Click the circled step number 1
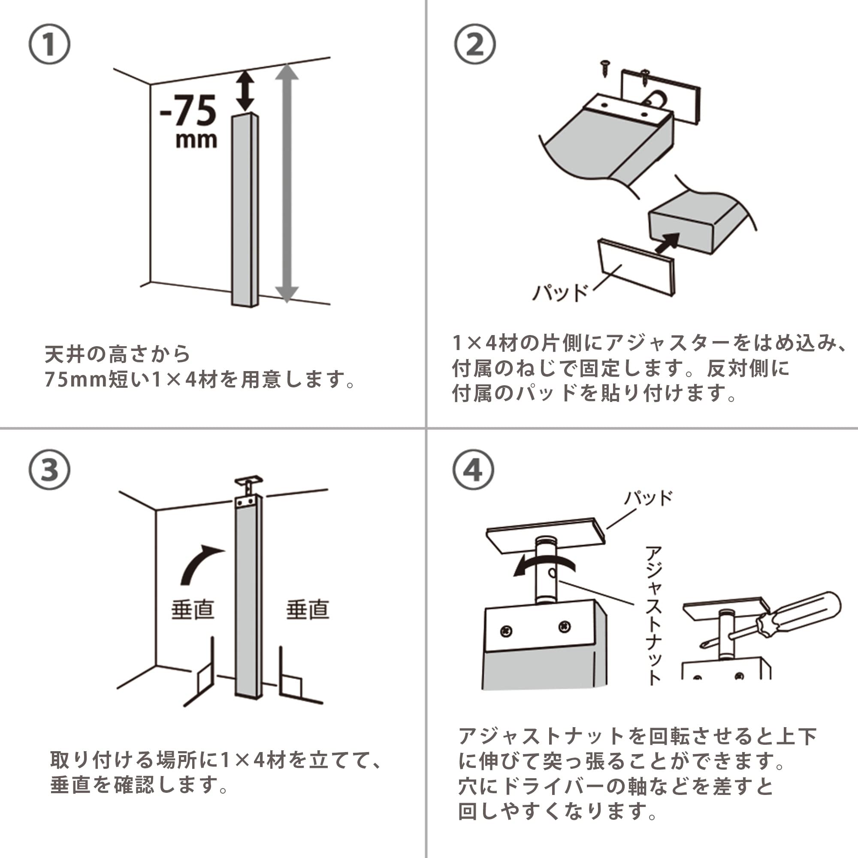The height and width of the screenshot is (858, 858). [49, 45]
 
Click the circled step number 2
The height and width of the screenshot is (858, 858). [475, 45]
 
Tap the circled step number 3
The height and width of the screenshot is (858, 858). [49, 470]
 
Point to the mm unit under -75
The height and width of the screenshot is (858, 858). [196, 140]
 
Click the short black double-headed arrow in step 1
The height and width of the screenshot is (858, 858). [245, 91]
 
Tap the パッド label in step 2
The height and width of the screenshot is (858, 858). [560, 293]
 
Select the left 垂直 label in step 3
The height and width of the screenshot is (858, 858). [193, 609]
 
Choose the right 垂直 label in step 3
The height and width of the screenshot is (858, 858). [307, 609]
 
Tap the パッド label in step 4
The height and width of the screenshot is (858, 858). [648, 498]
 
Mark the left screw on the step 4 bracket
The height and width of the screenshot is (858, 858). [506, 631]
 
